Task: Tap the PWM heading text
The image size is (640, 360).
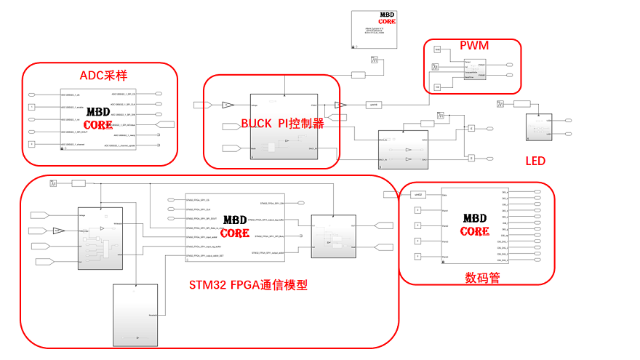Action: coord(473,46)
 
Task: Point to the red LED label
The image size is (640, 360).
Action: coord(535,161)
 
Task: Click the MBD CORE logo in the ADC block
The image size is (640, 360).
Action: coord(98,119)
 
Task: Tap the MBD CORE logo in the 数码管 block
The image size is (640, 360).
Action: coord(474,225)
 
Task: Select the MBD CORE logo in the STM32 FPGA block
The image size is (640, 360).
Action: coord(235,226)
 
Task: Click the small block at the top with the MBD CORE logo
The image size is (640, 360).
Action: coord(375,29)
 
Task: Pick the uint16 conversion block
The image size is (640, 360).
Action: coord(372,105)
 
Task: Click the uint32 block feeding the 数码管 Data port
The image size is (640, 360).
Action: coord(417,194)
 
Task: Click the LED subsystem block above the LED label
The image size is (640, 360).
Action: coord(540,127)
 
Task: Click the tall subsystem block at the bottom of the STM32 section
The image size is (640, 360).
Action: coord(135,314)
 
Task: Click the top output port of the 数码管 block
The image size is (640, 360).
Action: coord(537,193)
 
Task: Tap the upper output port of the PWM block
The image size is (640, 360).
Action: coord(510,65)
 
